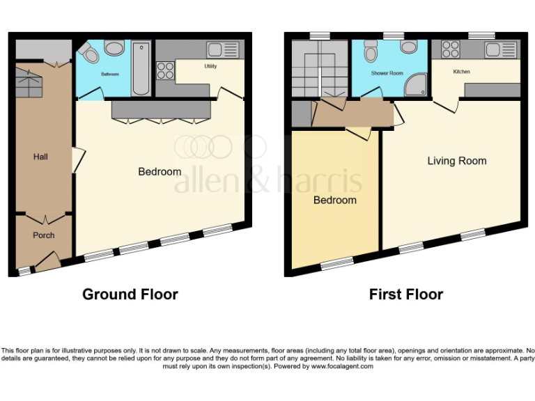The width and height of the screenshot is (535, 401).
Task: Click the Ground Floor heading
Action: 130,294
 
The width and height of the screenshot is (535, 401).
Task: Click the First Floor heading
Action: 405,294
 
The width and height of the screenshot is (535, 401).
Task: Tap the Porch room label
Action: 43,235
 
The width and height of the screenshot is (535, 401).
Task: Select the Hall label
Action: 40,157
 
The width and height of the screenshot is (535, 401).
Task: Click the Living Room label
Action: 457,161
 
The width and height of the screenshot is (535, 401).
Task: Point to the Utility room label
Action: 210,67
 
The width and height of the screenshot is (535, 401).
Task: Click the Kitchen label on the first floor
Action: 462,72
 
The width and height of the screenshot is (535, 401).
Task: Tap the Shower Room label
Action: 387,73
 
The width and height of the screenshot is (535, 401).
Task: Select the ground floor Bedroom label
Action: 160,171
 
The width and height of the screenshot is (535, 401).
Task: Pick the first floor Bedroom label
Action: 334,200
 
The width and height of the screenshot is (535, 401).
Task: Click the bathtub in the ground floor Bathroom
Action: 141,68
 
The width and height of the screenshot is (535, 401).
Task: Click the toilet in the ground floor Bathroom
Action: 88,53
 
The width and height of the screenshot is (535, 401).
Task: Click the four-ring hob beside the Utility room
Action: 166,70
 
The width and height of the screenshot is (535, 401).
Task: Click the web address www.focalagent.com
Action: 342,366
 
